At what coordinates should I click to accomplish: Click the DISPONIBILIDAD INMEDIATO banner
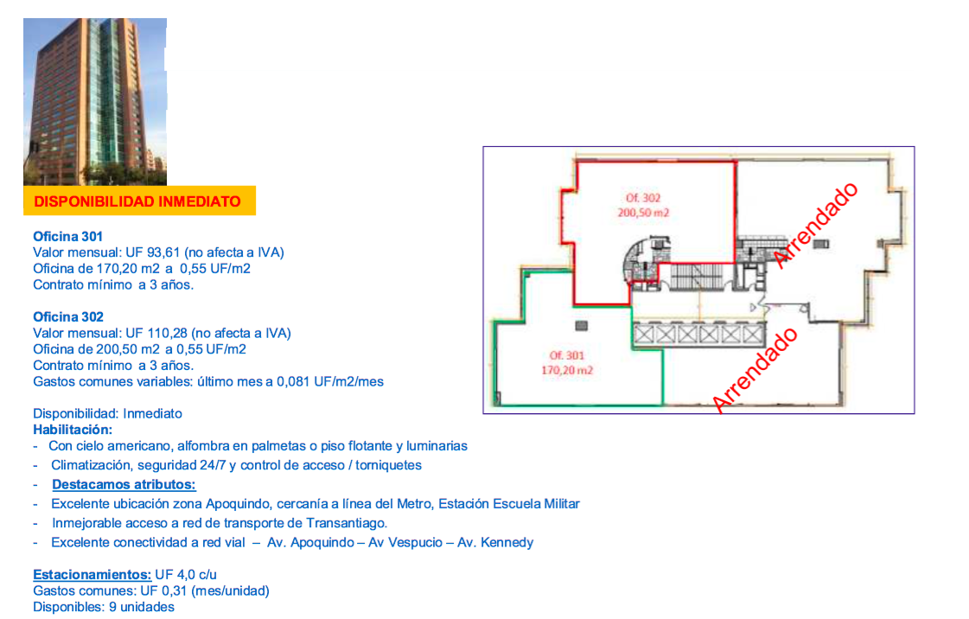pos(138,201)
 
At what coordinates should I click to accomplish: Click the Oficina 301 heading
pos(67,236)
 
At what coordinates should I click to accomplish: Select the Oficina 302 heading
pos(67,317)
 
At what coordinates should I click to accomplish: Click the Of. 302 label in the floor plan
pos(643,198)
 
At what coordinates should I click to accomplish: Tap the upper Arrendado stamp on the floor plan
pos(816,224)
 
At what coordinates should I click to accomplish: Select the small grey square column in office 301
pos(581,325)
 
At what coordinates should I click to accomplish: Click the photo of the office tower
pos(94,101)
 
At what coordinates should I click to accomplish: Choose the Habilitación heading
pos(73,430)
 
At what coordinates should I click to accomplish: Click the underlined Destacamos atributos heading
pos(124,484)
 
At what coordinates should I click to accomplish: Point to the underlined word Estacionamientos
pos(92,574)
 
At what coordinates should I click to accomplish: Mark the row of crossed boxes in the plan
pos(698,334)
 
